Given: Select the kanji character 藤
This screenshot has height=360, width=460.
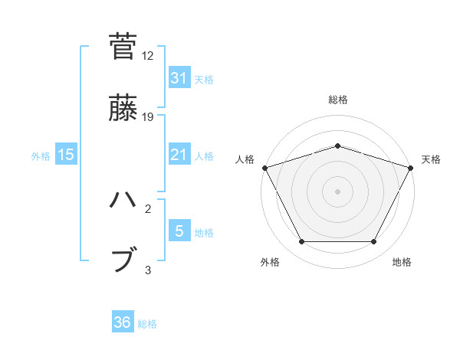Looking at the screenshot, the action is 123,108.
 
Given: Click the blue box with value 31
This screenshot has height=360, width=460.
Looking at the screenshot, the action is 179,78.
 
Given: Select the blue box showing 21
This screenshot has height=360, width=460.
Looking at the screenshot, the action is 179,155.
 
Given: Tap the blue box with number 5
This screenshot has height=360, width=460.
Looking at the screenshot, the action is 179,231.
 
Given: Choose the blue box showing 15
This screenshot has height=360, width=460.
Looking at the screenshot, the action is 66,155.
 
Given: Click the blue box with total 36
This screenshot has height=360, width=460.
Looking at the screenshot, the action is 123,322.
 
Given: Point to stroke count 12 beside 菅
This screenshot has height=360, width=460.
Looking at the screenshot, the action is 148,56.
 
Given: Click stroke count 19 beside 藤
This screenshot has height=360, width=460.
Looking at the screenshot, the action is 148,117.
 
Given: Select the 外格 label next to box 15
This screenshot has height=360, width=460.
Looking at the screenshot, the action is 41,155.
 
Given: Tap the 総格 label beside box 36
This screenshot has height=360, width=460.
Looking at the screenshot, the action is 147,324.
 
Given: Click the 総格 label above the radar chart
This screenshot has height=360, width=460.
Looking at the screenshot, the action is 337,100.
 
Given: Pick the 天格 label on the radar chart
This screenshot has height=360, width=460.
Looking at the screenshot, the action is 431,159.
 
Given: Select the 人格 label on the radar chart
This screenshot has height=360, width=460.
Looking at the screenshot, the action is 245,159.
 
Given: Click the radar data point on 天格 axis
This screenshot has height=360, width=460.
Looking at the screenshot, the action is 411,167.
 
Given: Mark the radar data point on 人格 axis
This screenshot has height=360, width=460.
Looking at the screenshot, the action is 264,167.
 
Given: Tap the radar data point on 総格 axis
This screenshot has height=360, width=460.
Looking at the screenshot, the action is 337,146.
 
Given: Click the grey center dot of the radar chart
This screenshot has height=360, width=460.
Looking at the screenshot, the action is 337,191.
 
